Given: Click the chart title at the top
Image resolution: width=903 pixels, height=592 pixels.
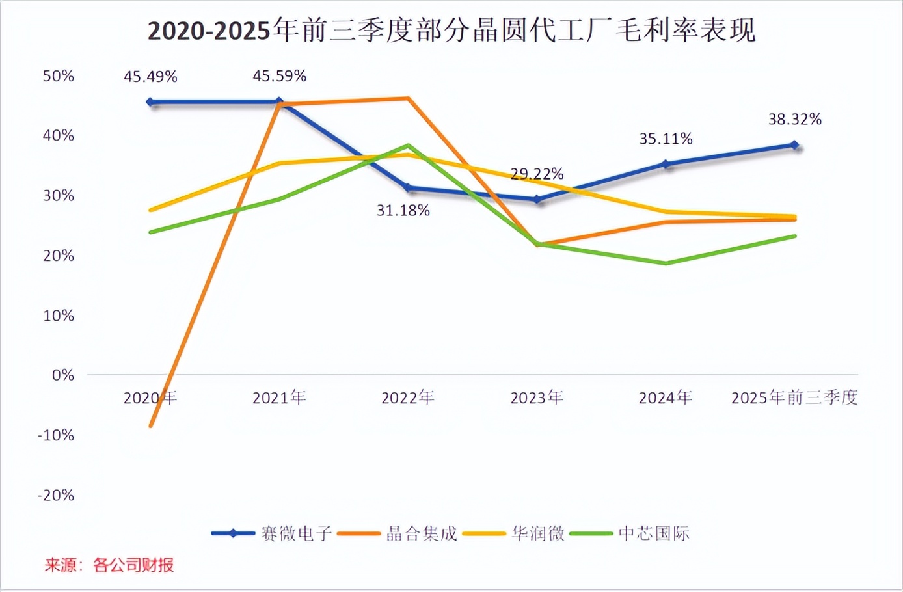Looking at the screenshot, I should [x=451, y=31].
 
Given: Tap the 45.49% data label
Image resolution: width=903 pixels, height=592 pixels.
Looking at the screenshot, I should [x=150, y=77].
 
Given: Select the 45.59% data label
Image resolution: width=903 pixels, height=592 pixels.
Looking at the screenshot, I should [x=279, y=76].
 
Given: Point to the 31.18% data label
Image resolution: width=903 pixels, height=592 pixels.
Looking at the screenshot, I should [x=403, y=211].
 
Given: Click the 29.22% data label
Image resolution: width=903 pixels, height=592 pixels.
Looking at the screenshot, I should [x=537, y=174].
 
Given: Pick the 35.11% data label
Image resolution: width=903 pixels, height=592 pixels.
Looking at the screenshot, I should [x=666, y=139].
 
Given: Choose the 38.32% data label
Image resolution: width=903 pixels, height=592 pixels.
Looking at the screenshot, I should [x=795, y=120].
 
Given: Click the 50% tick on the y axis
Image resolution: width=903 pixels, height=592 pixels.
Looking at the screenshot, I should [x=59, y=76].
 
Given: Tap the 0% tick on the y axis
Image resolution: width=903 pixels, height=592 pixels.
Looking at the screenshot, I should [x=63, y=375].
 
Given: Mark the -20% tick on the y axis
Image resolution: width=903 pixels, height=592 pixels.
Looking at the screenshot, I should [x=56, y=495].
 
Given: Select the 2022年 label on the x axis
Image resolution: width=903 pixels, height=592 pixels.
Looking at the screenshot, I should [x=408, y=397].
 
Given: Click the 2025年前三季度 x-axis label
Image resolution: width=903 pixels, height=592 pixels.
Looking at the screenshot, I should [x=794, y=397].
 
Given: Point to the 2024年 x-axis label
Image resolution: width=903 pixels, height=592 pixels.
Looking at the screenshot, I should [x=666, y=397].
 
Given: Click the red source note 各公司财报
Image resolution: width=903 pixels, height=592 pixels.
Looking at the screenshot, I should [x=133, y=565].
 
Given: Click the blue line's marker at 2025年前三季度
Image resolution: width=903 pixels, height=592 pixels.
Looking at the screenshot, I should [x=795, y=145].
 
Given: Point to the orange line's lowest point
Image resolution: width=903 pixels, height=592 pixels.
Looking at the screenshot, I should [x=151, y=426].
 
